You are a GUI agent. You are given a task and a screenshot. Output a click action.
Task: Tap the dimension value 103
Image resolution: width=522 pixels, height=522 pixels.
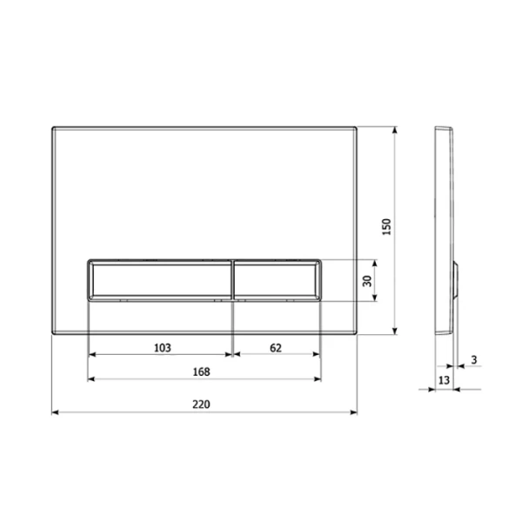click(161, 347)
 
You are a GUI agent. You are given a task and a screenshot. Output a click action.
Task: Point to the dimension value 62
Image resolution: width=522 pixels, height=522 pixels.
click(276, 347)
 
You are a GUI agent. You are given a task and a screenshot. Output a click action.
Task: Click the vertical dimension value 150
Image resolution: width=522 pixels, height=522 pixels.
click(388, 227)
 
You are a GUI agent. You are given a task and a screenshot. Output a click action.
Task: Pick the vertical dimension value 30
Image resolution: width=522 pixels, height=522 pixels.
click(367, 281)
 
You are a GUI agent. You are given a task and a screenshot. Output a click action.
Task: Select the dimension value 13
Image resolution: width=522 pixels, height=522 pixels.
click(444, 380)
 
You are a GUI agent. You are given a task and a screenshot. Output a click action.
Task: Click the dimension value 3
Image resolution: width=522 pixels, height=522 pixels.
click(473, 358)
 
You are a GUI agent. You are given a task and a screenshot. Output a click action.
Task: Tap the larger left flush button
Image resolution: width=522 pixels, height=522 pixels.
click(160, 279)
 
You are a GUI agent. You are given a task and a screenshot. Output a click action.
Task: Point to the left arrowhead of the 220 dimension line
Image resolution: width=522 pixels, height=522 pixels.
click(55, 412)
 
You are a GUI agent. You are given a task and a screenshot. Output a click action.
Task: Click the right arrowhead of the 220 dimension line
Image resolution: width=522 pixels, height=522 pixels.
click(354, 412)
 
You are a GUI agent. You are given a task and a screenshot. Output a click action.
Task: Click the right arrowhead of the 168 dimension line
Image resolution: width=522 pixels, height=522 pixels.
click(319, 379)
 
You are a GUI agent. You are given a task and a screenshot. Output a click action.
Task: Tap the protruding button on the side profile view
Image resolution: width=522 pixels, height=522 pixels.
click(458, 280)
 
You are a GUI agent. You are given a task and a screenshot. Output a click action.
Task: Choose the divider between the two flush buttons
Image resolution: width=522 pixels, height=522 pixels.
click(232, 279)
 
